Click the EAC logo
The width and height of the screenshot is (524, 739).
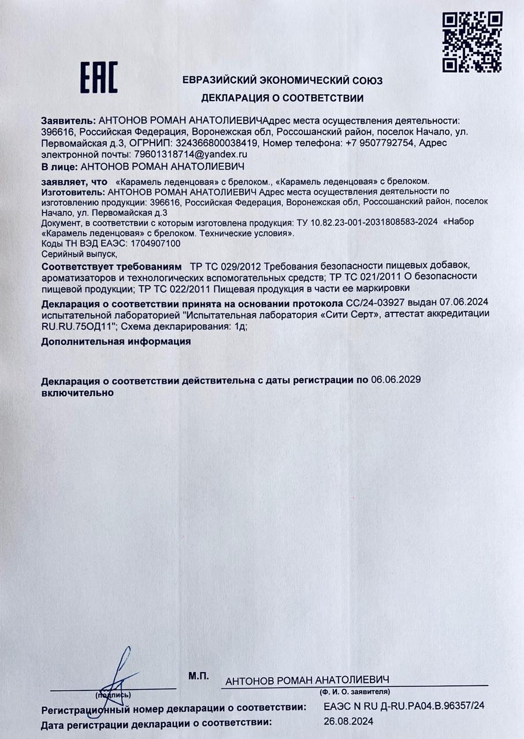click(98, 77)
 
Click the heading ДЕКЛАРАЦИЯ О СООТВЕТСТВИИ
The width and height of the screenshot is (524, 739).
click(282, 98)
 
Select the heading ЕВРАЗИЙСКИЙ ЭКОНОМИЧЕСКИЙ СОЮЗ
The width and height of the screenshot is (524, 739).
click(282, 81)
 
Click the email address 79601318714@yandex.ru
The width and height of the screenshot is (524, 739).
click(190, 154)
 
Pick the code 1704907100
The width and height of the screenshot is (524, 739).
click(157, 243)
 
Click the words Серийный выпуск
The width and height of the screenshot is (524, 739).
click(79, 253)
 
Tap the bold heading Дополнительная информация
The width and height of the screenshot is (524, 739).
click(116, 341)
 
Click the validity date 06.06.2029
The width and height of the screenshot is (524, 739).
click(395, 380)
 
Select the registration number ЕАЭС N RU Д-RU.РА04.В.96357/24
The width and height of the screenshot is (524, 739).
click(404, 706)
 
